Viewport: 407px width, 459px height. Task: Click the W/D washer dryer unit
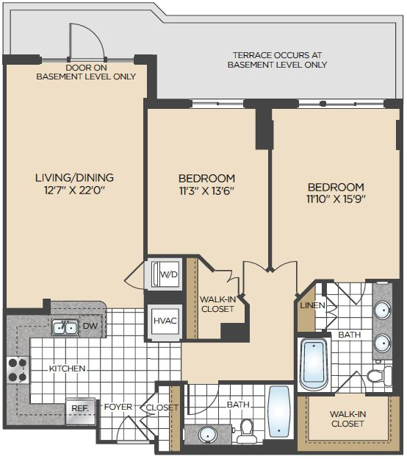pos(165,274)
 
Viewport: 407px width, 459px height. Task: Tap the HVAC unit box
pos(165,321)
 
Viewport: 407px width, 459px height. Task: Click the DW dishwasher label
pos(90,326)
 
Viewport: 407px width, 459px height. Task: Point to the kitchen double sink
pos(65,327)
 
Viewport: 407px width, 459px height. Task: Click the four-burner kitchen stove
pos(18,370)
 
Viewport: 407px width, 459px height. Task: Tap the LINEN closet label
pos(312,305)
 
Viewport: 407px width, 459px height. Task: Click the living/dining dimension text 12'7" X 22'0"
pos(74,191)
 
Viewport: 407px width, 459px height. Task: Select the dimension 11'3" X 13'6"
pos(206,191)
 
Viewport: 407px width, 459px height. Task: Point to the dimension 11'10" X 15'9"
pos(336,199)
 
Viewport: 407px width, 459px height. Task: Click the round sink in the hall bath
pos(208,435)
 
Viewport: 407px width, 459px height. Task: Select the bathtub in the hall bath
pos(279,412)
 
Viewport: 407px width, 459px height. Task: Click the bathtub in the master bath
pos(314,365)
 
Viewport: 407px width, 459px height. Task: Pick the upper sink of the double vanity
pos(382,310)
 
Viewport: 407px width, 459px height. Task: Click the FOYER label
pos(118,407)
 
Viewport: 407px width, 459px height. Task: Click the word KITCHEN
pos(68,369)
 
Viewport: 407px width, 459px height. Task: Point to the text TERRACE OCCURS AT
pos(277,55)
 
